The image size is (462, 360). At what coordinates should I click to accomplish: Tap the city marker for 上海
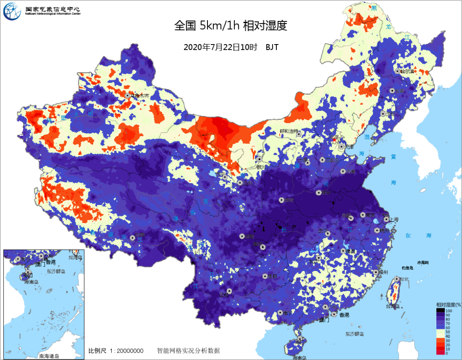click(x=386, y=219)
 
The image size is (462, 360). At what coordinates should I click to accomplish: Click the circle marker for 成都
click(x=242, y=236)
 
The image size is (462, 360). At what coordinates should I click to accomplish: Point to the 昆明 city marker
click(x=229, y=291)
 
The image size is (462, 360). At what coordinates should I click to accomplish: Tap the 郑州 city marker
click(x=319, y=193)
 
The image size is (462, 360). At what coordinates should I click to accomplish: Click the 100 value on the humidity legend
click(x=449, y=310)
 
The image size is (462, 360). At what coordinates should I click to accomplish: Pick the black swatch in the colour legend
click(x=441, y=310)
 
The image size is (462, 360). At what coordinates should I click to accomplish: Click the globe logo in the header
click(x=12, y=12)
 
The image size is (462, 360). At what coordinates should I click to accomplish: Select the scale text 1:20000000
click(x=126, y=351)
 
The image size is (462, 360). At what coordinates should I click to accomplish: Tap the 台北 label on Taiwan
click(x=403, y=279)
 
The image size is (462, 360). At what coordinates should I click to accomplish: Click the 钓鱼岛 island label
click(x=407, y=268)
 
